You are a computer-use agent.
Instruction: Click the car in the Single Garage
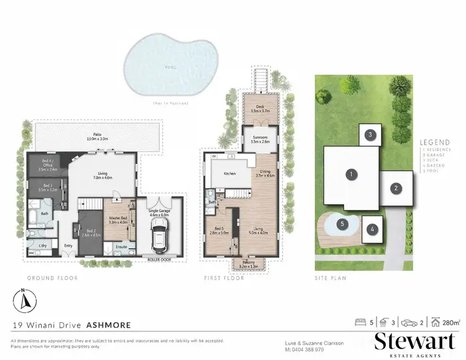(x=162, y=235)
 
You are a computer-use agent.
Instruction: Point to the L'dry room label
(x=42, y=246)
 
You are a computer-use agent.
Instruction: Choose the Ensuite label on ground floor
(x=122, y=246)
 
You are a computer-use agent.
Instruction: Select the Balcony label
(x=251, y=263)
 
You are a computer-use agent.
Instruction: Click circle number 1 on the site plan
(x=351, y=175)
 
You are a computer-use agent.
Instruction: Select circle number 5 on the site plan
(x=341, y=224)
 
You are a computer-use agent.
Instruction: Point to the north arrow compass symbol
(x=24, y=300)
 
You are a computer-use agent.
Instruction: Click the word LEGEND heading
(x=434, y=142)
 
